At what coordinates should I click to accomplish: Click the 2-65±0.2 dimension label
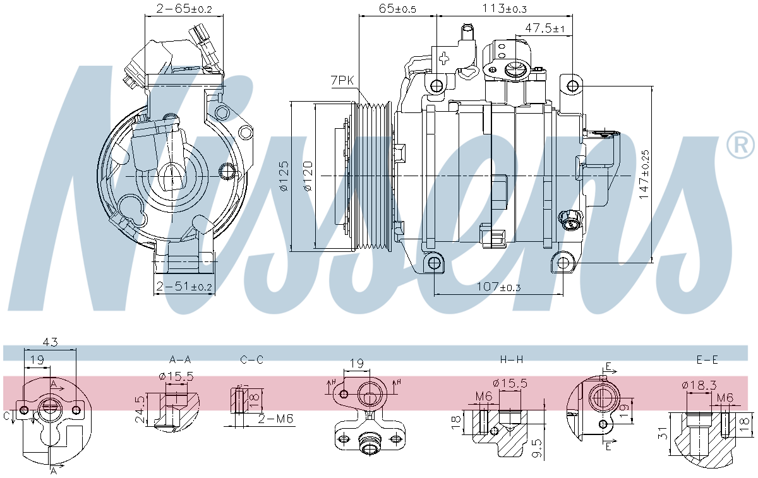(176, 9)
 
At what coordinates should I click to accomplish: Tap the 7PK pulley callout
(342, 80)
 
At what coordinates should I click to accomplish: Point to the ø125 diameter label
(284, 176)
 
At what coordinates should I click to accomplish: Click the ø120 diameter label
(308, 176)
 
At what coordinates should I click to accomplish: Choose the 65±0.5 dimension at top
(397, 9)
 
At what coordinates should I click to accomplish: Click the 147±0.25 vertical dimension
(644, 175)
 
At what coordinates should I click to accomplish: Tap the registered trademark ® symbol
(740, 145)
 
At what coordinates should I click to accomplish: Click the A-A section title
(180, 359)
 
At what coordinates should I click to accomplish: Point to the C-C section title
(251, 359)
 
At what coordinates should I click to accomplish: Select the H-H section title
(512, 359)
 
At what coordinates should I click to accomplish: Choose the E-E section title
(707, 359)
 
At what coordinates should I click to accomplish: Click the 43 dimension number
(51, 343)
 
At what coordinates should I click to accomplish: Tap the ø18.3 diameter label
(699, 384)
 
